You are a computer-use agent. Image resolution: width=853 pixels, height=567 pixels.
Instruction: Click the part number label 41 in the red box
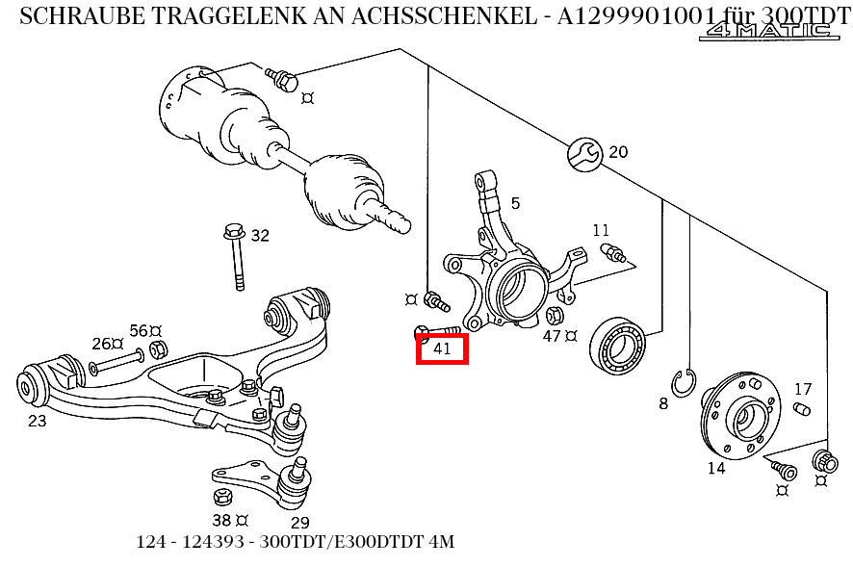coord(442,348)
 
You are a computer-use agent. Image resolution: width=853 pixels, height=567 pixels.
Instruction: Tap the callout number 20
coord(618,151)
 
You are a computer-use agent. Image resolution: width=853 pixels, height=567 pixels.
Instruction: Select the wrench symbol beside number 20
coord(584,152)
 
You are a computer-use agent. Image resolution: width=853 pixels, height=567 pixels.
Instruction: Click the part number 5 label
coord(515,203)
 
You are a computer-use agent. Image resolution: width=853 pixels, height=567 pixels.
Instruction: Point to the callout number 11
coord(601,230)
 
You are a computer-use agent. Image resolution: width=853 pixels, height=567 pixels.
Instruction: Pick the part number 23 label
coord(37,420)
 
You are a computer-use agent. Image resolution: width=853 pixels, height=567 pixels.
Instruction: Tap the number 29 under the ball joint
coord(299,523)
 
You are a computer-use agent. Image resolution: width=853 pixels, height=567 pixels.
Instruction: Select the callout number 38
coord(220,521)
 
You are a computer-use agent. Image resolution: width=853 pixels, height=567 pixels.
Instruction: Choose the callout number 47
coord(552,336)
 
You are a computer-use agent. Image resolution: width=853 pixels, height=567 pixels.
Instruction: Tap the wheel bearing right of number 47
coord(618,344)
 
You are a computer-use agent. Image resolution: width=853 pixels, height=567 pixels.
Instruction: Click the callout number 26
coord(101,344)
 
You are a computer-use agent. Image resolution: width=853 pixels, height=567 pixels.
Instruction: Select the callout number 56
coord(139,331)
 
